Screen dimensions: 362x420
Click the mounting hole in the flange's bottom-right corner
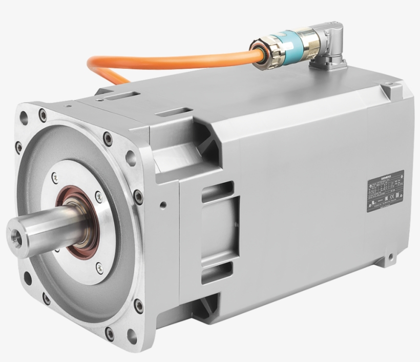click(x=132, y=336)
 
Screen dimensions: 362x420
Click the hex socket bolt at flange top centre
click(x=108, y=138)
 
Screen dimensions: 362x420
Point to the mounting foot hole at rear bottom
click(x=391, y=256)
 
